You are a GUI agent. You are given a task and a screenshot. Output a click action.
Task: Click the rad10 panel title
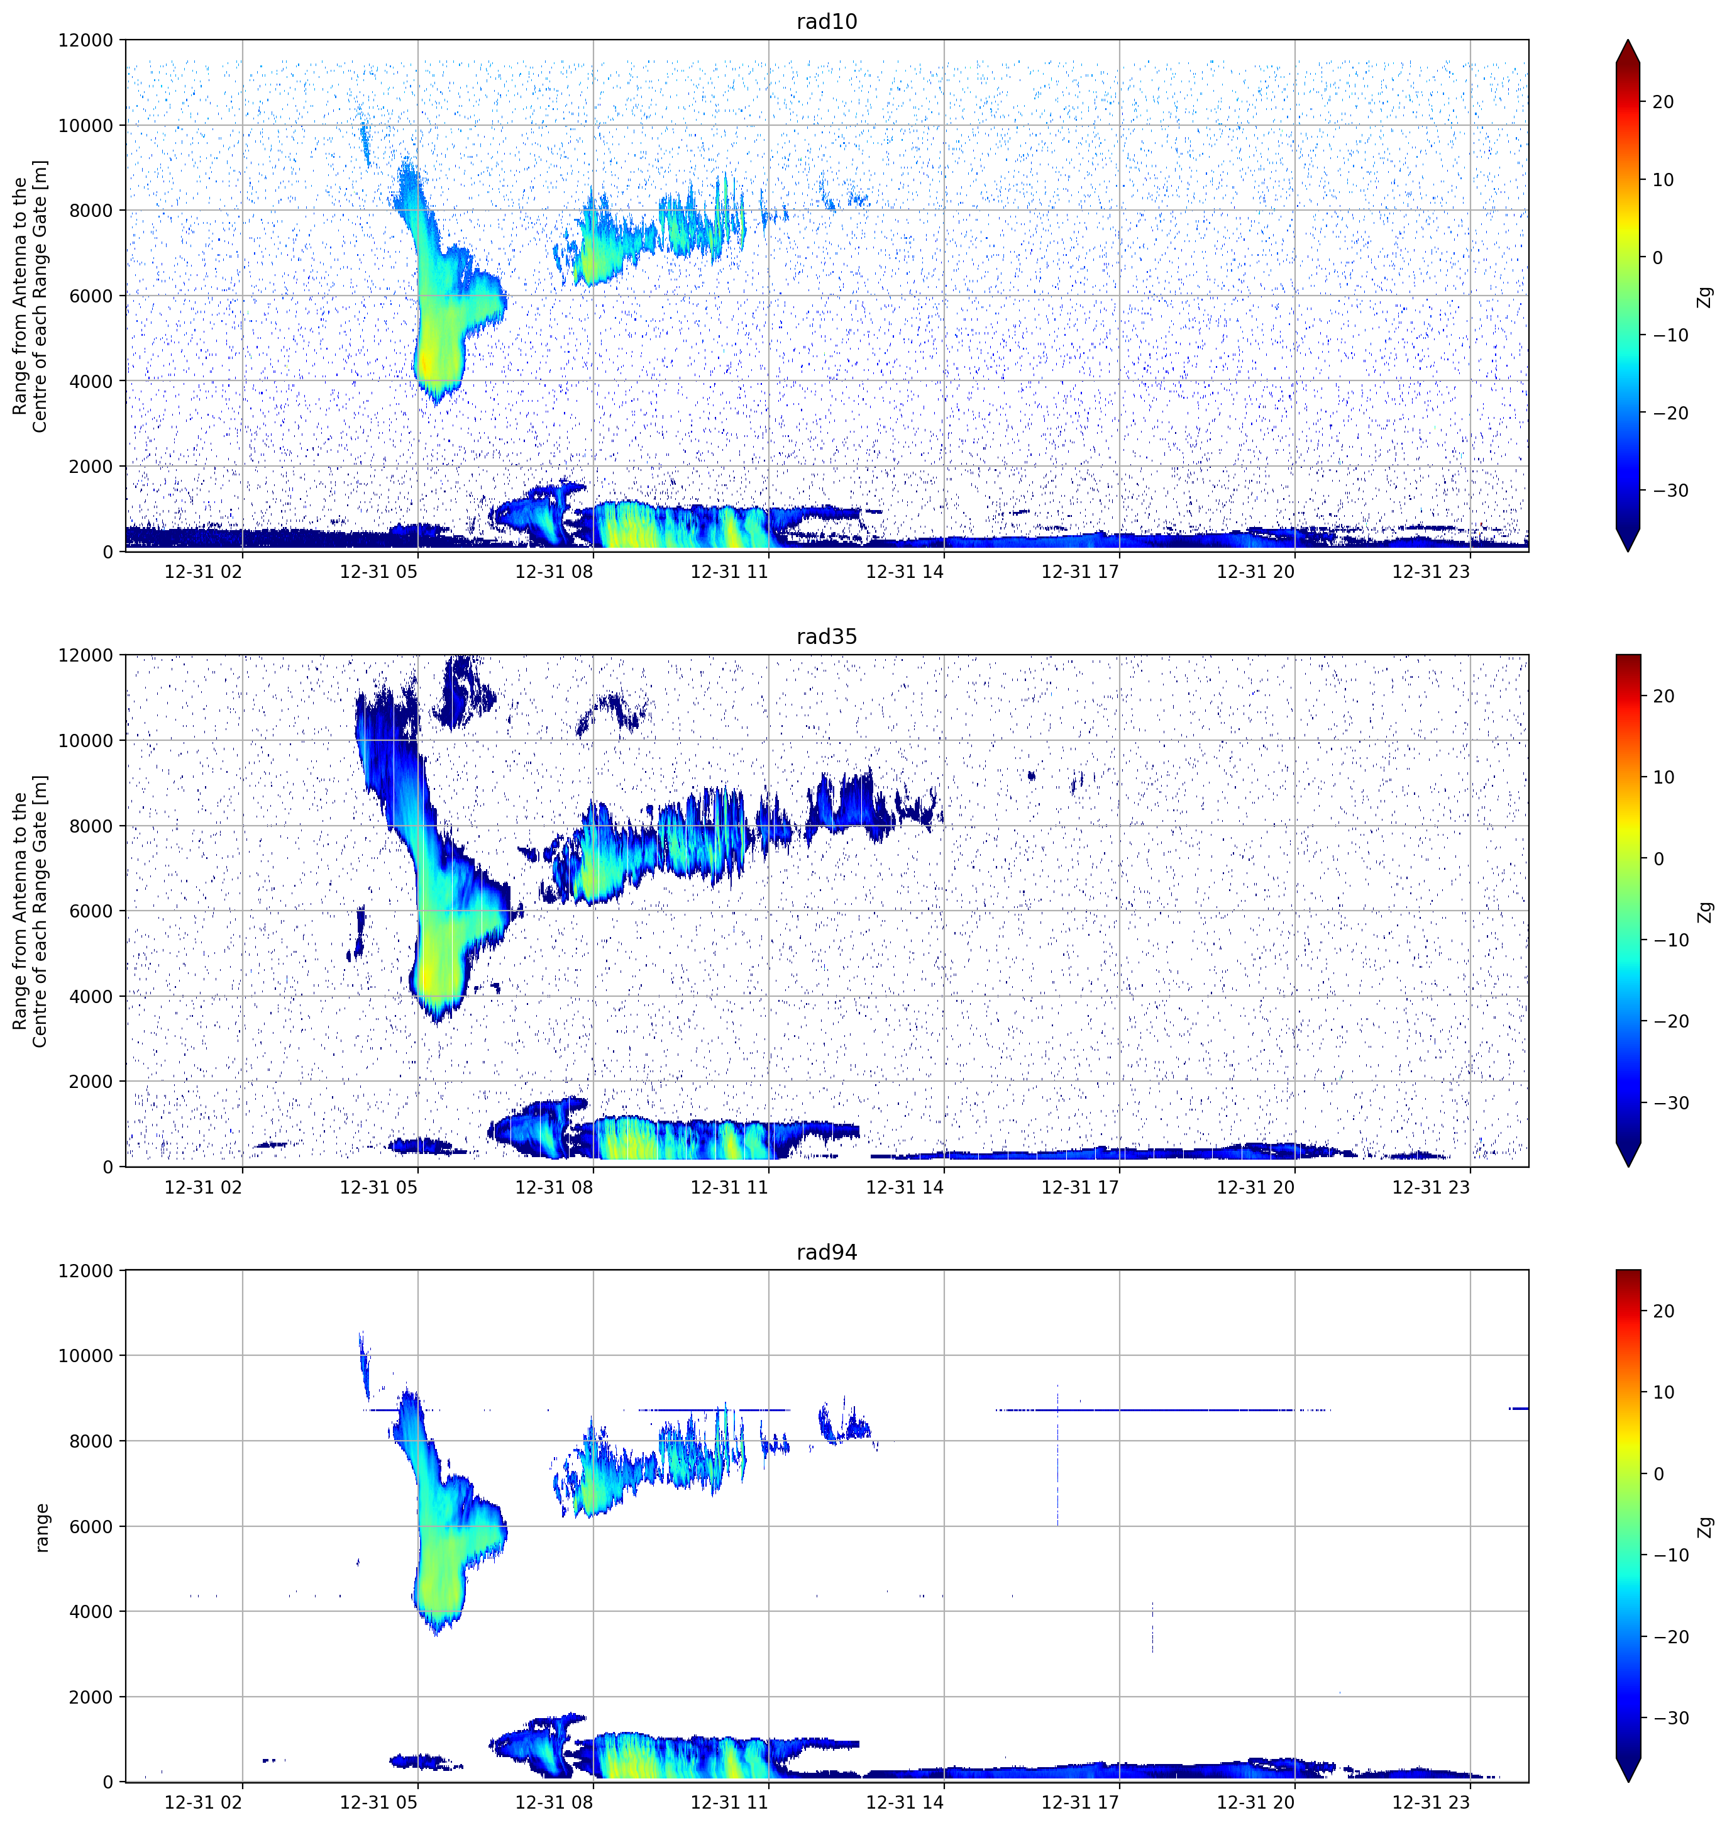827,21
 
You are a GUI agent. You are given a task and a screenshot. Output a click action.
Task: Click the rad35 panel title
827,636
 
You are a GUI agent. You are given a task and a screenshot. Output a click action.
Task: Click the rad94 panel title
827,1251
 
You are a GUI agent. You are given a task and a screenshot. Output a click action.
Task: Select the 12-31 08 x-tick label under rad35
555,1186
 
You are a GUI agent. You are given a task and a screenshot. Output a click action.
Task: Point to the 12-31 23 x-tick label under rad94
1432,1801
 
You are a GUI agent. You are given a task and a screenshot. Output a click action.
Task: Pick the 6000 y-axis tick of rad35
91,911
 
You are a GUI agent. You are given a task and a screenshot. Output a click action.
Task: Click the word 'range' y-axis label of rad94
41,1528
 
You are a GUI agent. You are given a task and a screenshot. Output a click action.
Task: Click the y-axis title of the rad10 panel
30,296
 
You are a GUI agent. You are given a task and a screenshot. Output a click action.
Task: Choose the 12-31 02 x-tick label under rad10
204,571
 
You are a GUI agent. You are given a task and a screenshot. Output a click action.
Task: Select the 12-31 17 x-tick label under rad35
1081,1186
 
